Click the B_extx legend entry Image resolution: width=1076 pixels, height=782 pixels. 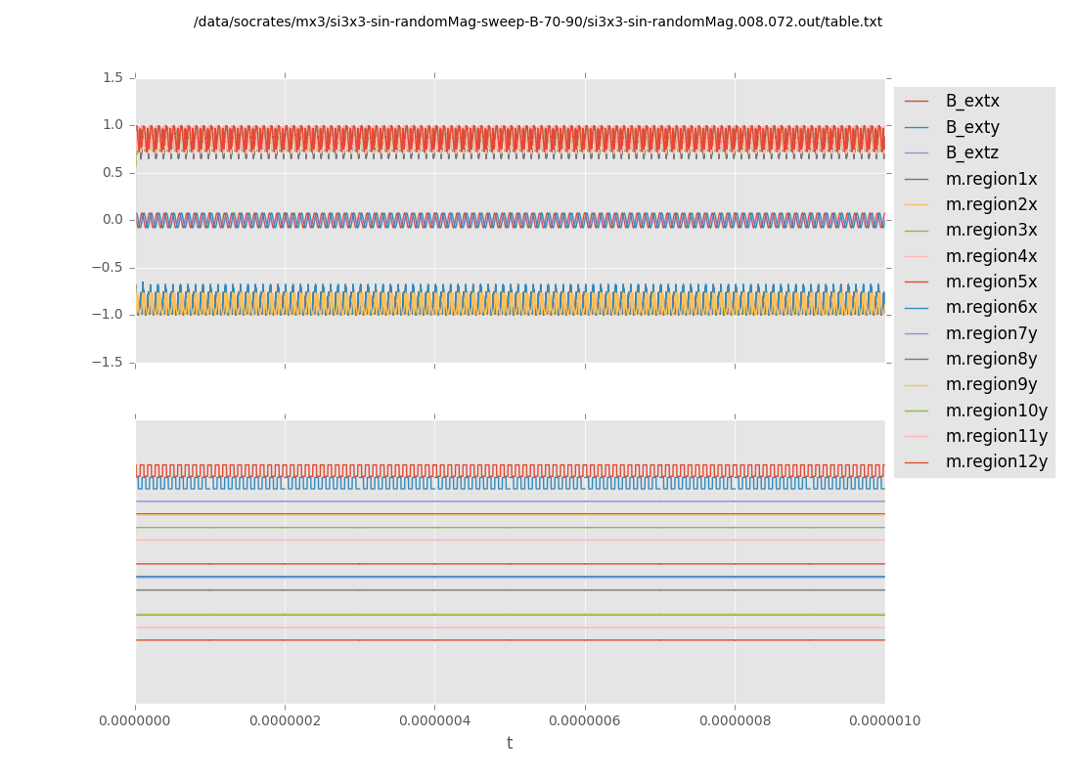point(972,102)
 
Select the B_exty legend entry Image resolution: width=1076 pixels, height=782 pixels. point(972,127)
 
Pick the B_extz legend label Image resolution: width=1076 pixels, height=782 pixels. point(972,153)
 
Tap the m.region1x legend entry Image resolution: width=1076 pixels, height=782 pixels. point(991,179)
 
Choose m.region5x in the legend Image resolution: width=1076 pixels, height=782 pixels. point(991,282)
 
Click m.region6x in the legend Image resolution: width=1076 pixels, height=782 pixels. point(991,308)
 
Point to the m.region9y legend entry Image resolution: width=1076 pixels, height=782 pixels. point(991,385)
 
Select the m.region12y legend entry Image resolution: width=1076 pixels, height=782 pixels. point(996,462)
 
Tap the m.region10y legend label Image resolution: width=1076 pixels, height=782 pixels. point(996,411)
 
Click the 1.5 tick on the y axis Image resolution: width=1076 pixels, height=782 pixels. point(112,78)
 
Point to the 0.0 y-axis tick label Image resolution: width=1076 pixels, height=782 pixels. point(112,220)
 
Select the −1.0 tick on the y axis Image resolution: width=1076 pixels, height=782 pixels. point(109,315)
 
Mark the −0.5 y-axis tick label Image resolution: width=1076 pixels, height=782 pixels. point(109,268)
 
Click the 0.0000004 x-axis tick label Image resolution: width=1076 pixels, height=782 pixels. point(434,721)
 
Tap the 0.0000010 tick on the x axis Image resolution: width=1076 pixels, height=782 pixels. point(884,721)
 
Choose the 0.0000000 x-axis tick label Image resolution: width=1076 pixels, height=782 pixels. point(135,721)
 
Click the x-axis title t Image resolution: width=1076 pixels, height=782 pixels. point(510,744)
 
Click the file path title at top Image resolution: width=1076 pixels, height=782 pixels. point(538,22)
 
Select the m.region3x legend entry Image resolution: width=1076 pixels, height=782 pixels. point(991,231)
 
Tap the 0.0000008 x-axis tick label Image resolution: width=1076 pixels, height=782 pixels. point(735,721)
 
